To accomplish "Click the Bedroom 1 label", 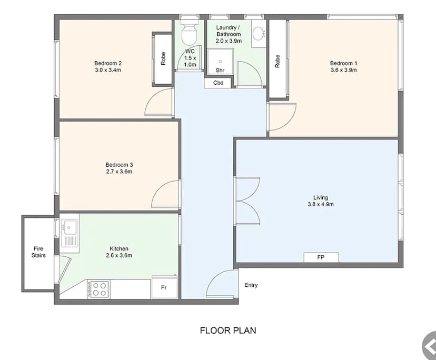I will click(343, 63).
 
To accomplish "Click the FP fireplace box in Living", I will click(321, 257).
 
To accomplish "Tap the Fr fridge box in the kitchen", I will click(164, 287).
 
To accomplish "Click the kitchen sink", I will click(70, 228).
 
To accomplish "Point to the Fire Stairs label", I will click(39, 252).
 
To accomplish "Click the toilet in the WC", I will click(189, 35).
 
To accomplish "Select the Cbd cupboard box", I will click(218, 83).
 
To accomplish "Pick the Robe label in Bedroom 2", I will click(163, 58).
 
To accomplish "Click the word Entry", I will click(251, 285).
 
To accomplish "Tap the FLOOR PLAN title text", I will click(228, 331).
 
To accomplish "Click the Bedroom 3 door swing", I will click(165, 195).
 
